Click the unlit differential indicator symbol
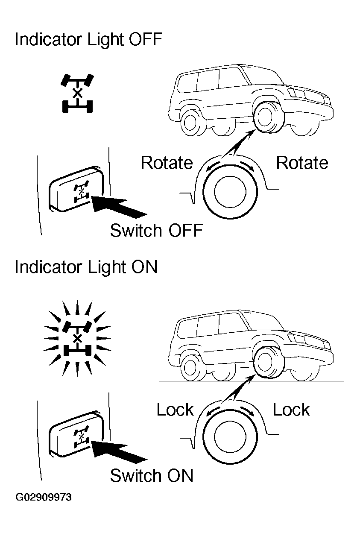77,93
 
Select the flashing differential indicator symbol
77,338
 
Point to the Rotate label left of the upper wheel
167,163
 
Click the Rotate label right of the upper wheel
302,163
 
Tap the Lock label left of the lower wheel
175,410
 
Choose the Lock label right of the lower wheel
291,410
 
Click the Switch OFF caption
156,231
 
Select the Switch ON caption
152,475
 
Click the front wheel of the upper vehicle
266,117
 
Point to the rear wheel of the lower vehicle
192,368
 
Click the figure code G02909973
44,498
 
